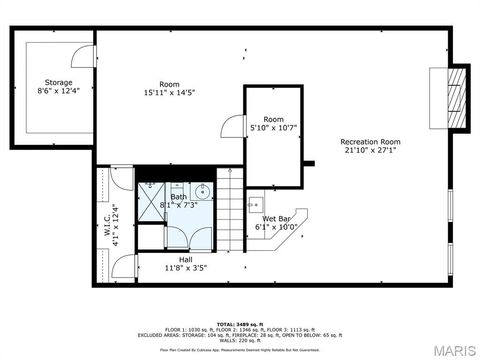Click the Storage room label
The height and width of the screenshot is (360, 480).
[x=58, y=82]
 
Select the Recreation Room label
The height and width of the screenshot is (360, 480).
[x=369, y=141]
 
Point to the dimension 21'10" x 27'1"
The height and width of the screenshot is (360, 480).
[x=369, y=151]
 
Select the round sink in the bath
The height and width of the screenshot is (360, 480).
[x=200, y=191]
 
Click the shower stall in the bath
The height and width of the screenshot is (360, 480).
[x=151, y=196]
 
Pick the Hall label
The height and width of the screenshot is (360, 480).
[x=178, y=259]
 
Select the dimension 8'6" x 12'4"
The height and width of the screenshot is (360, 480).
[x=58, y=91]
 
